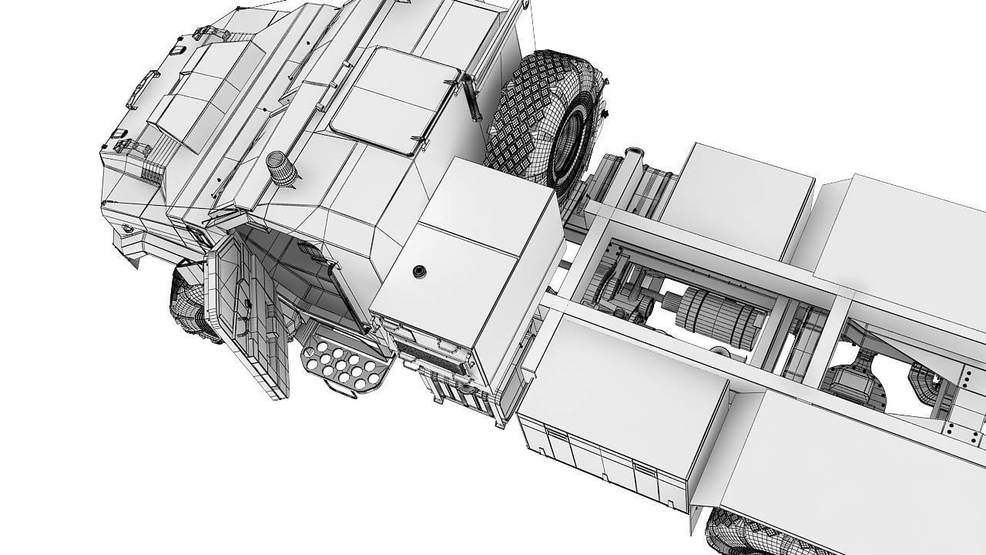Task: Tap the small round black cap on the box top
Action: coord(419,271)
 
